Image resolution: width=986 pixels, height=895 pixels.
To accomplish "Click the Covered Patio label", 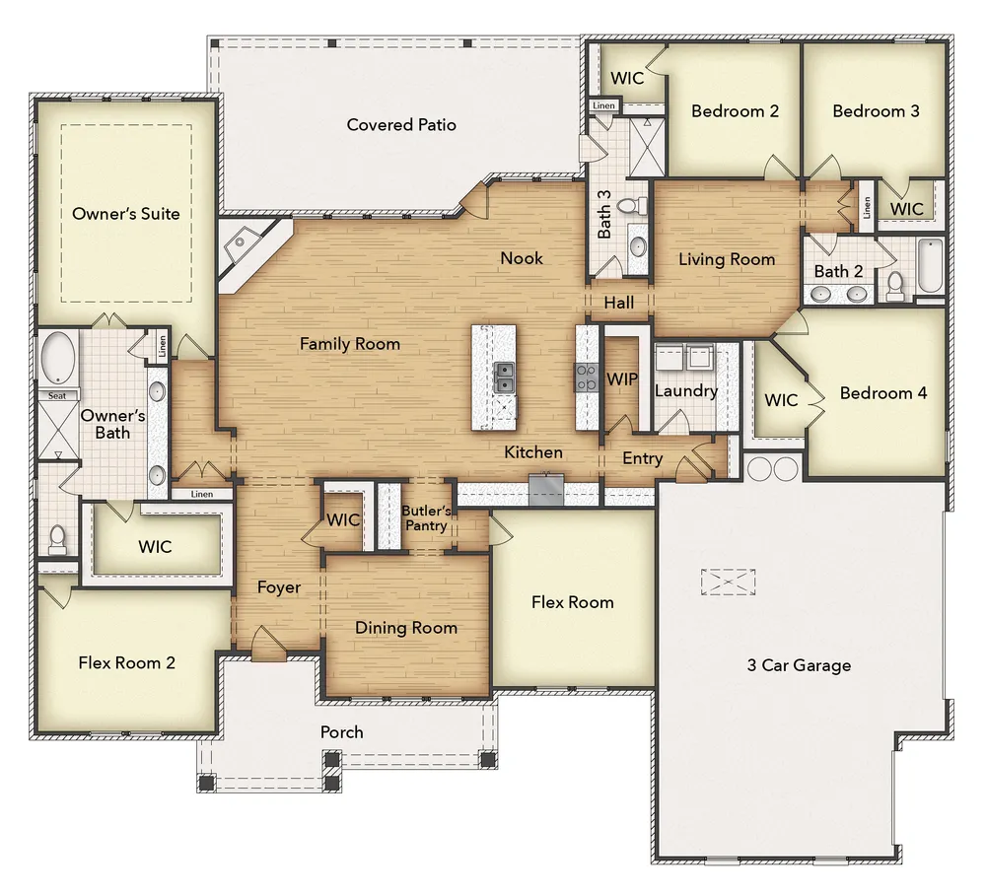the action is click(x=401, y=124).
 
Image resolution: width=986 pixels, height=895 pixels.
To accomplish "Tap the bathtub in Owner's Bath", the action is click(x=58, y=358).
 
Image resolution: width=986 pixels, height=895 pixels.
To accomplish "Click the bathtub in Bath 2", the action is click(x=930, y=265).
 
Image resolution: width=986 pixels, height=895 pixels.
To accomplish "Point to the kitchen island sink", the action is click(x=504, y=378).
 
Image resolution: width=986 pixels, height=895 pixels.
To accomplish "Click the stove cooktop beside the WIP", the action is click(x=586, y=378).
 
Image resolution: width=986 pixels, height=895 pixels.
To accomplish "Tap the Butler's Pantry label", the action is click(x=426, y=517).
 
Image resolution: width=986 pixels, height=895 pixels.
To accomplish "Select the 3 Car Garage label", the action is click(x=799, y=665).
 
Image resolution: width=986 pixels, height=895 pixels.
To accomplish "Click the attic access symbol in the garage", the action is click(x=728, y=582).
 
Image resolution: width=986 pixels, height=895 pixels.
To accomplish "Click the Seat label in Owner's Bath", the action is click(x=57, y=395).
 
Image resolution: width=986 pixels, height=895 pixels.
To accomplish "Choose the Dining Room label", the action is click(x=405, y=627).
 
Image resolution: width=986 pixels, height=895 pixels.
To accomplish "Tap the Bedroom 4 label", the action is click(x=882, y=393).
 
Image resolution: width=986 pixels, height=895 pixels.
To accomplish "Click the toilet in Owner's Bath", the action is click(x=57, y=540).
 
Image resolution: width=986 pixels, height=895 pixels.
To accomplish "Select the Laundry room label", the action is click(x=686, y=391).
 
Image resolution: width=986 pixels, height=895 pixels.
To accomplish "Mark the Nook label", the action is click(x=522, y=257).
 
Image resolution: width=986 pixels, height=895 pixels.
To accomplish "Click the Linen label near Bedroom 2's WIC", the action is click(x=603, y=105).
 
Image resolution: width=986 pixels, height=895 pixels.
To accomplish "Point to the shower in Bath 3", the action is click(x=647, y=147).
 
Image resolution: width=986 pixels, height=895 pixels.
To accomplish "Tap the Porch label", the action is click(x=341, y=731).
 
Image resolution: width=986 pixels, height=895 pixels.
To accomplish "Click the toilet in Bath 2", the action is click(x=895, y=285).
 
